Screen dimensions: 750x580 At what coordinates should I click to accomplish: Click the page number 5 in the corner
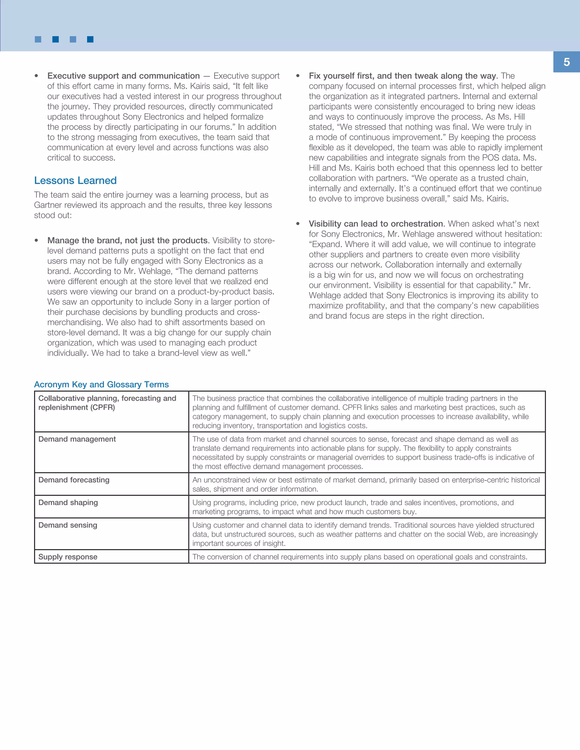[566, 62]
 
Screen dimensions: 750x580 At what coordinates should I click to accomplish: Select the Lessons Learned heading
[75, 180]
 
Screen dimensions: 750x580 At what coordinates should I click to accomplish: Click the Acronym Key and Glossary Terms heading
[101, 384]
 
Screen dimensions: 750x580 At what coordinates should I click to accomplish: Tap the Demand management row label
[77, 439]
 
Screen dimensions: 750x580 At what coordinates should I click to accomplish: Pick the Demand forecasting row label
[74, 480]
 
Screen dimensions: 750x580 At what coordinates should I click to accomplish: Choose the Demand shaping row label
[68, 502]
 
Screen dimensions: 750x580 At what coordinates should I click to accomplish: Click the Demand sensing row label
[68, 525]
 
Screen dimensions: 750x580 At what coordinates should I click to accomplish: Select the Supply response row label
[68, 557]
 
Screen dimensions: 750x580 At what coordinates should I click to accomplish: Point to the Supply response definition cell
[359, 557]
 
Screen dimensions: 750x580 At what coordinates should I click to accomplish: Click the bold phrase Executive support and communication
[123, 76]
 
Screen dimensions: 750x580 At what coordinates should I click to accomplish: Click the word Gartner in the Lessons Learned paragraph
[48, 205]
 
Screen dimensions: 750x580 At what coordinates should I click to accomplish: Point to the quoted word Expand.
[326, 244]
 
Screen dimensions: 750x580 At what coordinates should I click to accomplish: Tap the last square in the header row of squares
[90, 40]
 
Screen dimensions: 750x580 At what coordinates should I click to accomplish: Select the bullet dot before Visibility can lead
[298, 224]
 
